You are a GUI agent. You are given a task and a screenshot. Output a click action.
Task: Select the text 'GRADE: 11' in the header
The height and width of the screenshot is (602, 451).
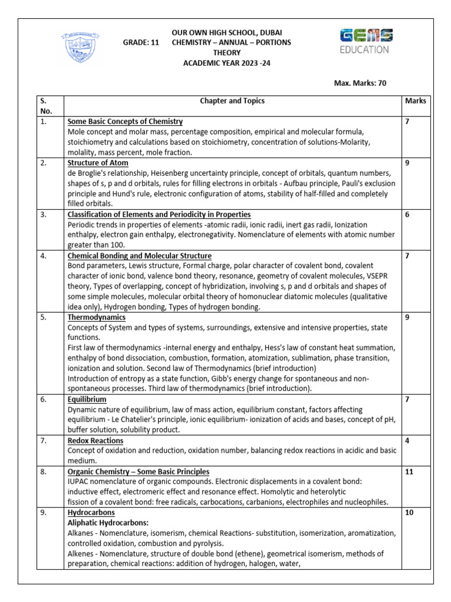(141, 43)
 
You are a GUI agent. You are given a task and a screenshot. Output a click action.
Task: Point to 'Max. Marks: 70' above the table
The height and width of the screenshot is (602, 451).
(360, 83)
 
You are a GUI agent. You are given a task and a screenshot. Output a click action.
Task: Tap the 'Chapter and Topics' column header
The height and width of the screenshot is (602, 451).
(232, 101)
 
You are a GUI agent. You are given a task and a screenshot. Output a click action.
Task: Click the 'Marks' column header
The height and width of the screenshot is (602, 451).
(415, 101)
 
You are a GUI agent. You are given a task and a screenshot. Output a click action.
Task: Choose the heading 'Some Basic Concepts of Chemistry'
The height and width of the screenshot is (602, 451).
(125, 122)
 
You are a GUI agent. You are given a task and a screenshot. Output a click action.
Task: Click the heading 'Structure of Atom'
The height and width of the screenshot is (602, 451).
(98, 163)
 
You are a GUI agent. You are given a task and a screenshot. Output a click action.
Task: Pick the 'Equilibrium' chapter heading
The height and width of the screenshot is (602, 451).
(87, 400)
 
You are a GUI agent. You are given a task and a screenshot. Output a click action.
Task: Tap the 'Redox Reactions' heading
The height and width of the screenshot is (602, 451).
(95, 440)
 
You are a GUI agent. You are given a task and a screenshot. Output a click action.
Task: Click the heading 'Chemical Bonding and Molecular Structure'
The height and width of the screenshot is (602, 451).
(140, 256)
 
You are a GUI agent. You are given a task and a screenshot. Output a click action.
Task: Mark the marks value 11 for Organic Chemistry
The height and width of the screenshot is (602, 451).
(409, 471)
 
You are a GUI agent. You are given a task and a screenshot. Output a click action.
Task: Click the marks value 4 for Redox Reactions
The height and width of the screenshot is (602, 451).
(407, 440)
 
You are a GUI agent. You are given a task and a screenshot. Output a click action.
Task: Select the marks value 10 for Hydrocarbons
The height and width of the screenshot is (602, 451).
(409, 513)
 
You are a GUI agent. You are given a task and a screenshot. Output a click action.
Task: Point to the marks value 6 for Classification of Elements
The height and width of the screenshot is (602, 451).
(407, 215)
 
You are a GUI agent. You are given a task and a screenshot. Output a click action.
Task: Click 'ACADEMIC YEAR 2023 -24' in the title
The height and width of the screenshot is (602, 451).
(227, 63)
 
